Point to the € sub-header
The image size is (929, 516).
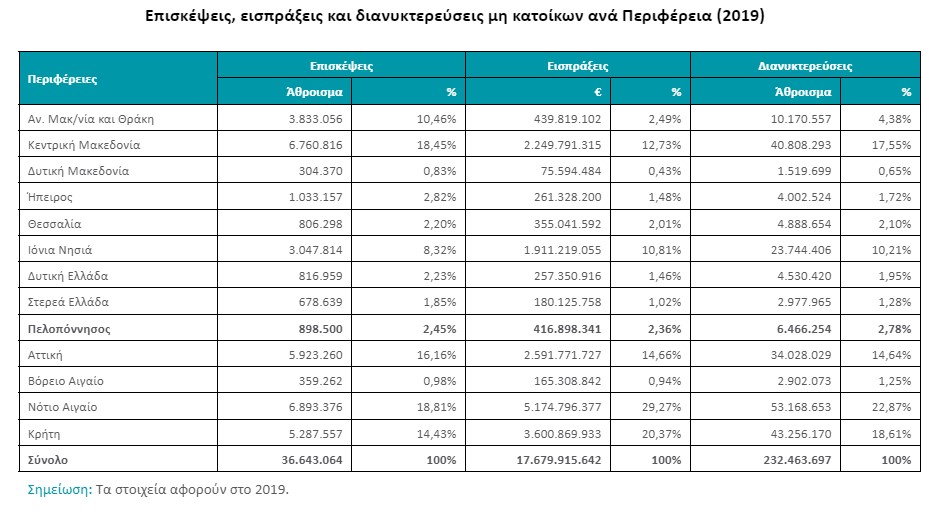tap(596, 91)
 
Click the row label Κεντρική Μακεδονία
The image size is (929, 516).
tap(84, 144)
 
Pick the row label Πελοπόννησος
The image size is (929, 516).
tap(68, 328)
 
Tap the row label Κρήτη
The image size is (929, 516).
tap(46, 433)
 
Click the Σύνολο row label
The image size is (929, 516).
tap(48, 460)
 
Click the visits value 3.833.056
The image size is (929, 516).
tap(315, 118)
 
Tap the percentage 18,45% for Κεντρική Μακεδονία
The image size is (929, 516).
tap(438, 144)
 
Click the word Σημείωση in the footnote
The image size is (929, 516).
tap(59, 490)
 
